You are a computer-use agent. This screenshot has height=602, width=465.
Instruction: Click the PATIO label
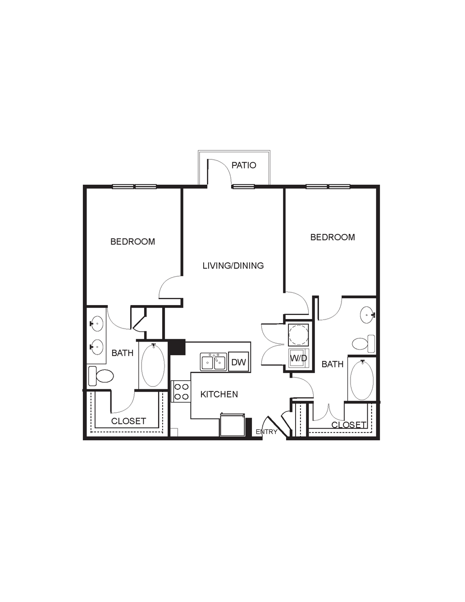pos(244,165)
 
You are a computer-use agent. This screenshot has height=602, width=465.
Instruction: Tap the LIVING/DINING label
pos(233,266)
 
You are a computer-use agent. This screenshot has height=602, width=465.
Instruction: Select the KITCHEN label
pos(219,394)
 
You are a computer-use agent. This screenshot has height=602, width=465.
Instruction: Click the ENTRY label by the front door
pos(266,432)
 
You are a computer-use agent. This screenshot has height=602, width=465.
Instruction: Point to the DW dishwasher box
pos(239,362)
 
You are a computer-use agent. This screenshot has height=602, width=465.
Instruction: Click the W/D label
pos(299,358)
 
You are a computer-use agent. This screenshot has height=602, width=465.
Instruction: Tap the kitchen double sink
pos(214,362)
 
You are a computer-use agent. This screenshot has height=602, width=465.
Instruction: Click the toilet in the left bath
pos(101,376)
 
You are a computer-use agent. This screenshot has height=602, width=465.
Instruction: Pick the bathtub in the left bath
pos(153,365)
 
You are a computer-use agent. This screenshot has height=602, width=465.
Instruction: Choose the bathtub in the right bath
pos(362,379)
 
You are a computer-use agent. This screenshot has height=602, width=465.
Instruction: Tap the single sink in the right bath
pos(368,315)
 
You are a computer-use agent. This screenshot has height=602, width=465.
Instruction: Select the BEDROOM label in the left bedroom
pos(132,242)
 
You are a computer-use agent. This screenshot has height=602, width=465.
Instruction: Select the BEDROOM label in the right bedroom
pos(333,237)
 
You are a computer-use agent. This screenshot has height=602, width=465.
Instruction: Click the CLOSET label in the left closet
pos(128,421)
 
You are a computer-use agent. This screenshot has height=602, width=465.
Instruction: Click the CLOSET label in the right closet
pos(349,425)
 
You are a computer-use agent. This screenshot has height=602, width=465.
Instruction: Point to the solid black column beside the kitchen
pos(177,347)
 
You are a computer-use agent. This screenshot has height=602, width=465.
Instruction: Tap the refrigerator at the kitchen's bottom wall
pos(232,425)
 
